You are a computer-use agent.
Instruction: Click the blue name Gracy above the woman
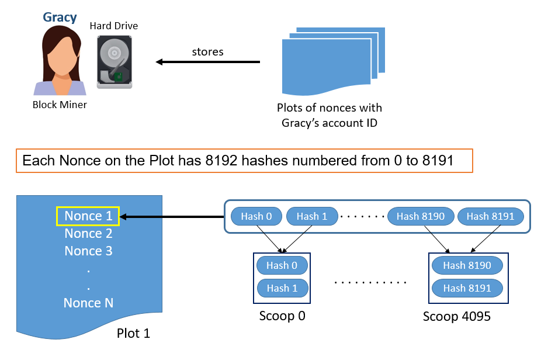(x=60, y=18)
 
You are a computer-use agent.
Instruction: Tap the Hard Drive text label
(x=114, y=26)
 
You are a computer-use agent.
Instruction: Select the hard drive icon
(x=115, y=62)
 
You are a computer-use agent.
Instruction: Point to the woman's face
(x=62, y=57)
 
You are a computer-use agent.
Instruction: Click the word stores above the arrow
(x=208, y=52)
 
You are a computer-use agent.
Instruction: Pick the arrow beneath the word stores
(x=208, y=62)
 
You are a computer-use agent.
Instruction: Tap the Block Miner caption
(x=60, y=105)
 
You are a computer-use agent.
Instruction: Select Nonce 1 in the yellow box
(x=88, y=216)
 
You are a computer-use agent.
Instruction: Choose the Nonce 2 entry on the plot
(x=88, y=234)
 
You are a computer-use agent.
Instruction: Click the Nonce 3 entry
(x=88, y=251)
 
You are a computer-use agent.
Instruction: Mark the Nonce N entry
(x=88, y=303)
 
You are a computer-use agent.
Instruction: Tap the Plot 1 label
(x=134, y=334)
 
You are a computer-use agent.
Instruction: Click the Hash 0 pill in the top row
(x=256, y=216)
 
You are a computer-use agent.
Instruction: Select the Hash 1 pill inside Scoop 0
(x=282, y=288)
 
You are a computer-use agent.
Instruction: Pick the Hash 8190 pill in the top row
(x=421, y=216)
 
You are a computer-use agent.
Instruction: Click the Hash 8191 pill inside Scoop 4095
(x=467, y=288)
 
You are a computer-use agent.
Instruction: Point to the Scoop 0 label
(x=282, y=316)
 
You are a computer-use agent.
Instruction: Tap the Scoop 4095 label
(x=457, y=316)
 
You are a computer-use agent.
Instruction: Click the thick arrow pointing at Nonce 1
(x=172, y=217)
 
